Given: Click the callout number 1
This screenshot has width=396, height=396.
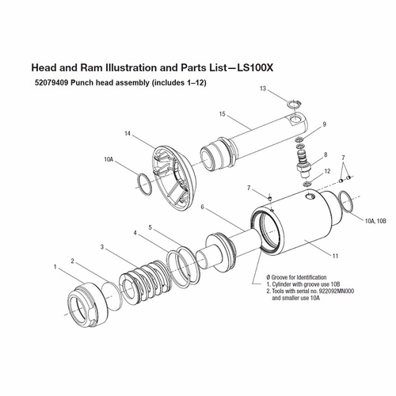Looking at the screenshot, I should pos(55,267).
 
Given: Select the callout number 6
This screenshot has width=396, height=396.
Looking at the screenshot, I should pos(203,208).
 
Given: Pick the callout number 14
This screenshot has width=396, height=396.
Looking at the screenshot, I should pos(127,133).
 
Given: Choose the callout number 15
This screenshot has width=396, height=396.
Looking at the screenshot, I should pos(223,114).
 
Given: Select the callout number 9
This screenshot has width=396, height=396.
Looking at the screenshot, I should pos(324,124).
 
